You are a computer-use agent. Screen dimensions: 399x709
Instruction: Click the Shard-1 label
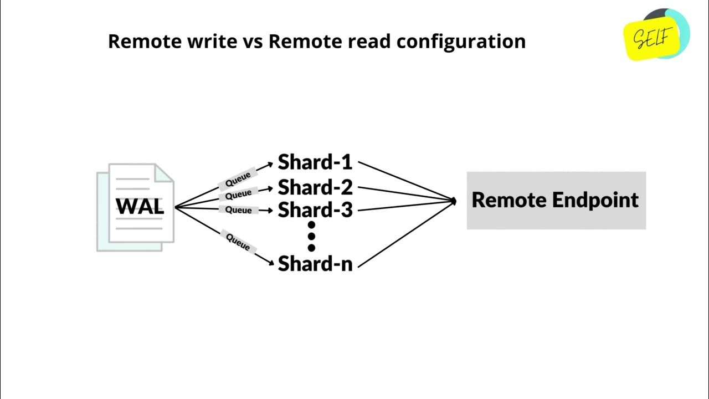(x=315, y=162)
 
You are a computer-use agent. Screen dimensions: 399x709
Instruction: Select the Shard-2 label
(x=315, y=187)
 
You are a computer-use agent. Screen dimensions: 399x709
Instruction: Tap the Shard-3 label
(x=315, y=211)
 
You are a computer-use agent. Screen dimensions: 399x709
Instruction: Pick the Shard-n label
(x=315, y=263)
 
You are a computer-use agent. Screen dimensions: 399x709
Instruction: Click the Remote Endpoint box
(x=556, y=200)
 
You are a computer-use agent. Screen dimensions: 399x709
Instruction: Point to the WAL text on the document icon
(x=140, y=207)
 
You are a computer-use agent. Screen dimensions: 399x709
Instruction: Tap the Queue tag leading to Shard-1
(x=238, y=179)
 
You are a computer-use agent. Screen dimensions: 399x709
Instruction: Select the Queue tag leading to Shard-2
(x=239, y=195)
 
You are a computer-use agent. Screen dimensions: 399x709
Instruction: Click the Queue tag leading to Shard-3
(x=239, y=210)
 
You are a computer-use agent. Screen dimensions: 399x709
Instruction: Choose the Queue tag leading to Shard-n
(x=238, y=241)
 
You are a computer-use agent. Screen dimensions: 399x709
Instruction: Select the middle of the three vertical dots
(x=311, y=237)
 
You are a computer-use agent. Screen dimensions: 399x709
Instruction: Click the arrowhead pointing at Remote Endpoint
(x=454, y=201)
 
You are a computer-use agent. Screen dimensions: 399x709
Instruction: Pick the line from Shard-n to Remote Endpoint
(x=407, y=233)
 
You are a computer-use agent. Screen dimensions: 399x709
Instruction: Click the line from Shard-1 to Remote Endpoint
(x=407, y=181)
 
